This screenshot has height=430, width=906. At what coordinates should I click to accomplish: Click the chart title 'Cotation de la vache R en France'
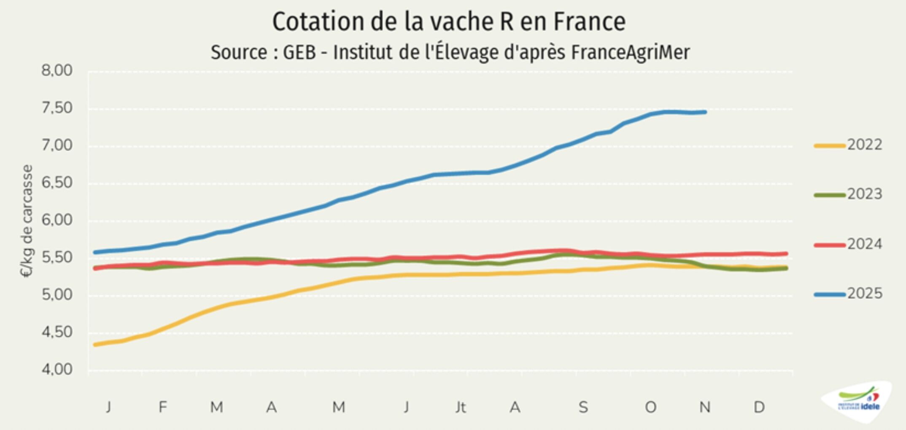tap(449, 22)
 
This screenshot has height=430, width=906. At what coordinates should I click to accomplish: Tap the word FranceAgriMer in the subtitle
tap(630, 53)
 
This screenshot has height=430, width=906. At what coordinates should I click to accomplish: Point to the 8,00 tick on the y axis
tap(57, 71)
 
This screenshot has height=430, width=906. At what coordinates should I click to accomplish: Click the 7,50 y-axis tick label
tap(57, 108)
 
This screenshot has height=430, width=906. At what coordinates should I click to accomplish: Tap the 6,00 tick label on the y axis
tap(57, 220)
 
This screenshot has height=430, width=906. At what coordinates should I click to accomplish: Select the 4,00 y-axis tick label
tap(57, 370)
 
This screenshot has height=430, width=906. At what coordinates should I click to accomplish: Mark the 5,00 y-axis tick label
tap(57, 295)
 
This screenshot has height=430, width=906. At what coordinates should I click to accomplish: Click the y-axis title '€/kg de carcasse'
tap(26, 221)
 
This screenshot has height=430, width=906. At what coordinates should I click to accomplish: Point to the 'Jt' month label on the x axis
tap(460, 407)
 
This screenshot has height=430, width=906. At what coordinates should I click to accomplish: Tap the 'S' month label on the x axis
tap(583, 407)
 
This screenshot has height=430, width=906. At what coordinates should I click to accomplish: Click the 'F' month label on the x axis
tap(163, 407)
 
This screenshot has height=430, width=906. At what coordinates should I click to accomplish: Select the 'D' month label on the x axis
tap(759, 407)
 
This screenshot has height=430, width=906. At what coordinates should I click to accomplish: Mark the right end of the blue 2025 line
tap(705, 112)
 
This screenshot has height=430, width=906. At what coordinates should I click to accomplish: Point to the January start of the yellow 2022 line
tap(95, 344)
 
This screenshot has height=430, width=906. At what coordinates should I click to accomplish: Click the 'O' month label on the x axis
tap(650, 407)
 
